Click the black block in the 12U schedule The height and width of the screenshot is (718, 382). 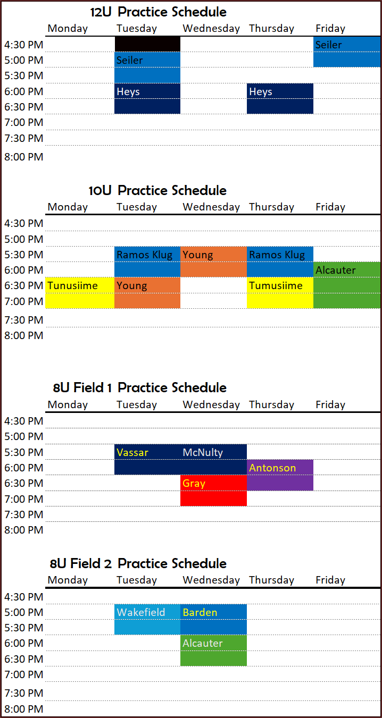coord(147,44)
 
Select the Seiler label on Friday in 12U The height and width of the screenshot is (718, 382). coord(328,45)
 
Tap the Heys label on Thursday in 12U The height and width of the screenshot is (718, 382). coord(261,92)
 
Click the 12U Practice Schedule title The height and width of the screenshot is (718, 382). coord(158,12)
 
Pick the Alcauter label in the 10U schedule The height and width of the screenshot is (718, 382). coord(336,270)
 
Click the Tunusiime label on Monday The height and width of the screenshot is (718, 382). coord(72,285)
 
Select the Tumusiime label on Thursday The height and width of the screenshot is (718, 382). coord(276,285)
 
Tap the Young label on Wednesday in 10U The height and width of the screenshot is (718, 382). coord(198,255)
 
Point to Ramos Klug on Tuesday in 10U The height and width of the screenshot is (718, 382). coord(145,255)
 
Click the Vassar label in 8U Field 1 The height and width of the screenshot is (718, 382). coord(132,453)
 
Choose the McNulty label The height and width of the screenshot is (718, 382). coord(203,453)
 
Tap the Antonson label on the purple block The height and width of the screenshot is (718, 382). coord(272,468)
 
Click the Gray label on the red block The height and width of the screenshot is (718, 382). coord(194,484)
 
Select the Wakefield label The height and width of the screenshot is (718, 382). coord(140,612)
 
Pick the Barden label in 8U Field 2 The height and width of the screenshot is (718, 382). coord(200,613)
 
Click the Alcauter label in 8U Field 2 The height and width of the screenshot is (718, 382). coord(203,643)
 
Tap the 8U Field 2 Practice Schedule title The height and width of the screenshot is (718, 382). coord(138,563)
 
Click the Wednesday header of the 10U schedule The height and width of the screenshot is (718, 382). coord(211,207)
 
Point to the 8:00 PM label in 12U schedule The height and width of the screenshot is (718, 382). coord(24,157)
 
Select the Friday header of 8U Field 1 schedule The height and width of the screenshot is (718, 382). coord(330,405)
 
